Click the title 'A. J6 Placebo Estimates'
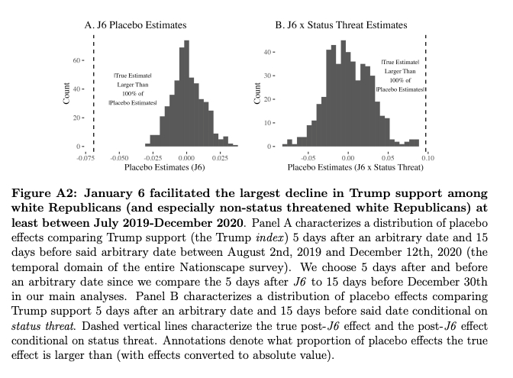pos(131,25)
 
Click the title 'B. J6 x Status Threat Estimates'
pos(341,25)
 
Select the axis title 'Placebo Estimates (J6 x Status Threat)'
pos(346,166)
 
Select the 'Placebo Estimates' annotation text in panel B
pos(400,89)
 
